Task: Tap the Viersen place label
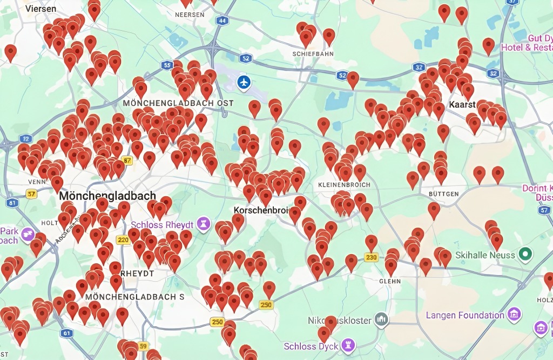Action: coord(41,9)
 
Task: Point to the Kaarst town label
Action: coord(462,104)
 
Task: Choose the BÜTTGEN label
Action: coord(443,194)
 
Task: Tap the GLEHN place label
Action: coord(390,281)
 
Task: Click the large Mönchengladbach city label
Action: coord(108,196)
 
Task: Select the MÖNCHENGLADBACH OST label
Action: coord(178,103)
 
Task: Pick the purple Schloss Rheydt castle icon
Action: coord(204,223)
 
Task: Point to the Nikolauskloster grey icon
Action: coord(381,319)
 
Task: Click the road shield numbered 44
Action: coord(222,21)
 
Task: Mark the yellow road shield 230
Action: coord(371,257)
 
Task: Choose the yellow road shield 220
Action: coord(123,239)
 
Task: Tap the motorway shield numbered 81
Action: coord(12,203)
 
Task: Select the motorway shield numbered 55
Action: coord(166,65)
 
